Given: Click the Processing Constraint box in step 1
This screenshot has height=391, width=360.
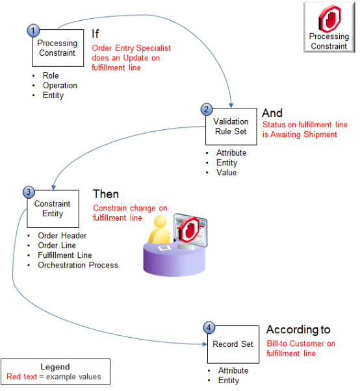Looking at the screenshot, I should click(x=58, y=48).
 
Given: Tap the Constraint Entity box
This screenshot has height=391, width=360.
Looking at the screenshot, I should click(x=53, y=208).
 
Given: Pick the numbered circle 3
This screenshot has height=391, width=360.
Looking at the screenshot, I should click(x=29, y=192).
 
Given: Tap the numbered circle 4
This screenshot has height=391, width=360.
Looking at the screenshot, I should click(x=206, y=327).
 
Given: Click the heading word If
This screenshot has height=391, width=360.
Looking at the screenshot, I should click(x=95, y=34).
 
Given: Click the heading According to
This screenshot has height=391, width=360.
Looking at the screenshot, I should click(x=298, y=329).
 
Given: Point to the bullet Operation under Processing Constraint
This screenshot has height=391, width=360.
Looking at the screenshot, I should click(x=60, y=86).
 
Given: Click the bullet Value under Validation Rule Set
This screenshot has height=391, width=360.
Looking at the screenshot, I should click(x=226, y=173).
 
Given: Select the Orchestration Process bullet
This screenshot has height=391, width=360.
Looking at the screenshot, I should click(x=78, y=265).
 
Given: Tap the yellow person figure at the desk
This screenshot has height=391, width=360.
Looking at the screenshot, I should click(x=159, y=231).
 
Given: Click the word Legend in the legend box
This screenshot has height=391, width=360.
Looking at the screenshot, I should click(x=55, y=366).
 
